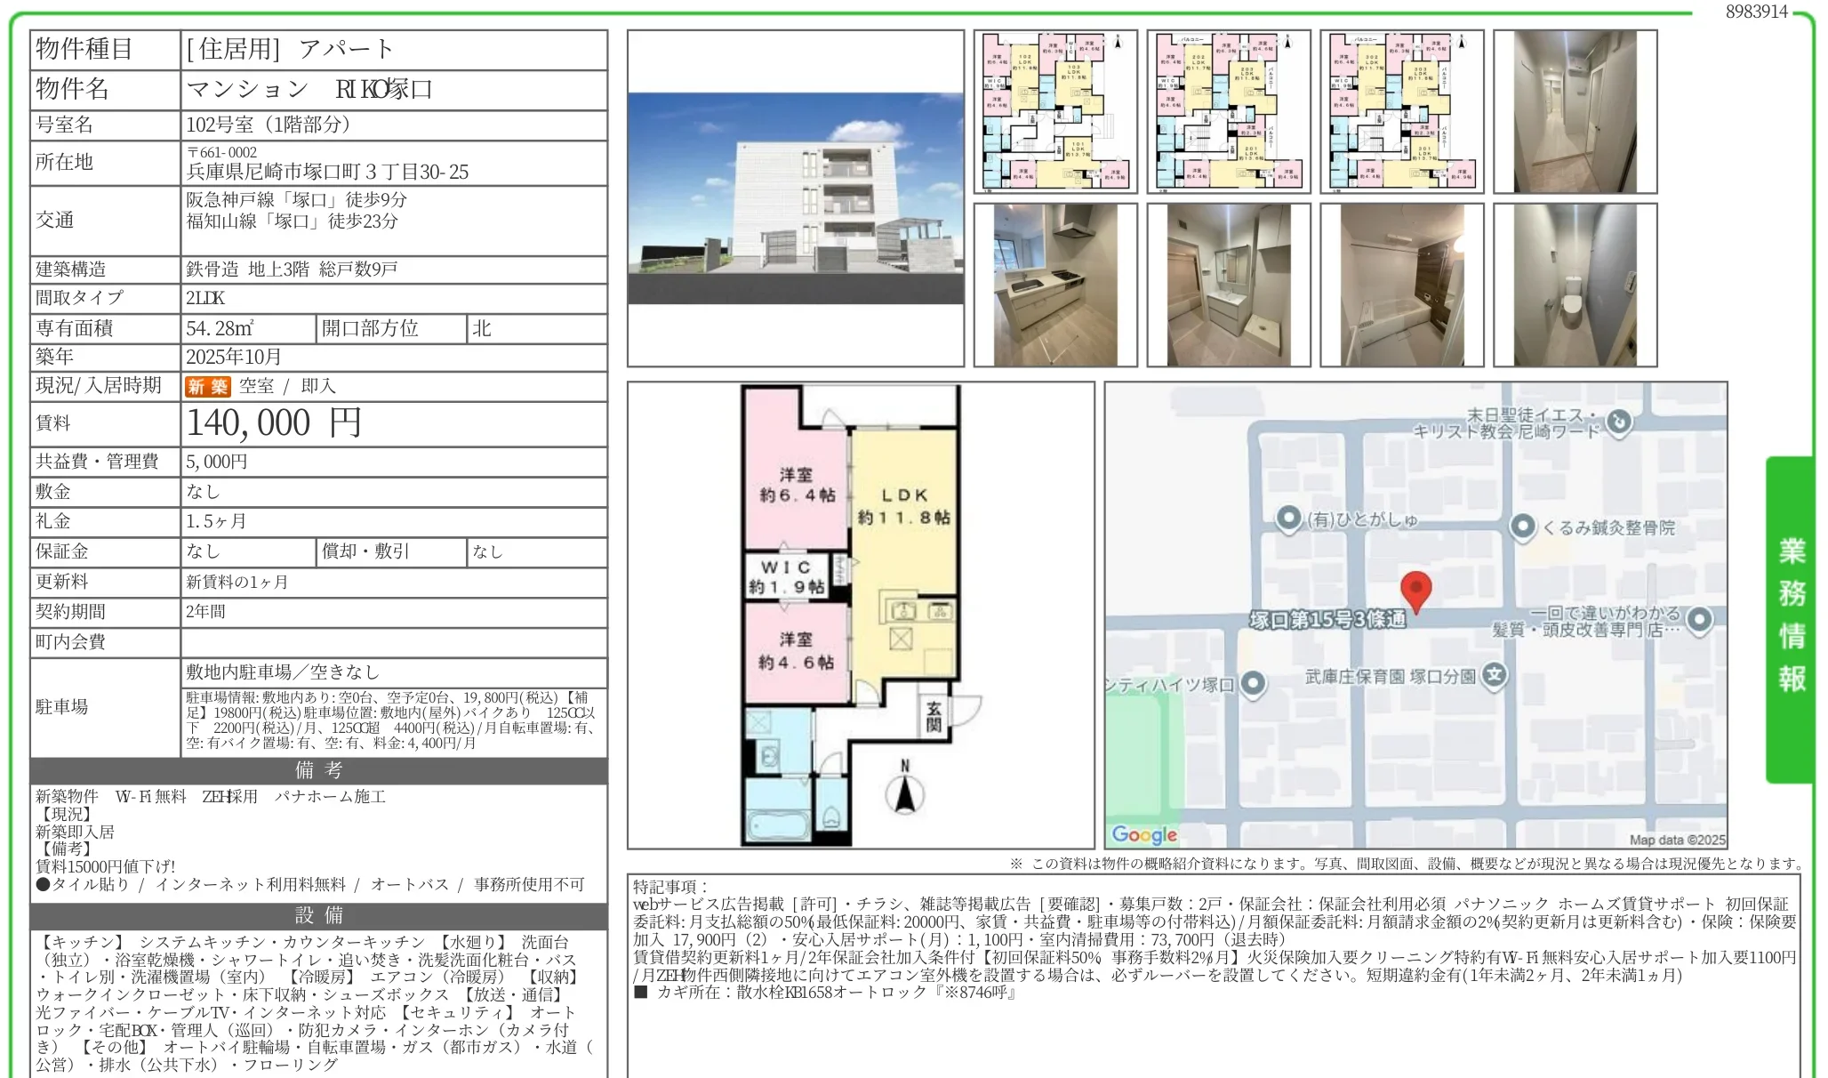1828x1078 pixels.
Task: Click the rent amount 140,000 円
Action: pos(274,423)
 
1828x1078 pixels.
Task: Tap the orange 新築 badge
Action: pos(207,386)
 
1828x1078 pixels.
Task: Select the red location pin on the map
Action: pos(1415,590)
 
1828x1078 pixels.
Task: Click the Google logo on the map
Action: pos(1144,834)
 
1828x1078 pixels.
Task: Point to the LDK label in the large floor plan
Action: pos(904,505)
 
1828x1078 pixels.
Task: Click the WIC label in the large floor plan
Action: pos(787,576)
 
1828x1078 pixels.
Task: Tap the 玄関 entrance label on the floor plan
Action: pos(934,716)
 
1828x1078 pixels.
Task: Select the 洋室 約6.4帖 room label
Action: pos(797,485)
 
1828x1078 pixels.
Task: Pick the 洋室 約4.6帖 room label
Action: pos(796,650)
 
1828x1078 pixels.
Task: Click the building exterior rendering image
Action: pos(795,197)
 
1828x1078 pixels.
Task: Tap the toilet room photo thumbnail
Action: pos(1575,285)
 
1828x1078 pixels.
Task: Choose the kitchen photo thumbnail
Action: pos(1055,285)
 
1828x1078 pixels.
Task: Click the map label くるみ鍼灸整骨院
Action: pos(1608,527)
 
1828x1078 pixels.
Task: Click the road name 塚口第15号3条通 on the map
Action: pos(1328,619)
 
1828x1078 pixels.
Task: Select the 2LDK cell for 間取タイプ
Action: pos(205,298)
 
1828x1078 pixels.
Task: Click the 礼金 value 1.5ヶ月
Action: pos(216,521)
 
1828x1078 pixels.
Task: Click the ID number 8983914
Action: pos(1756,12)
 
